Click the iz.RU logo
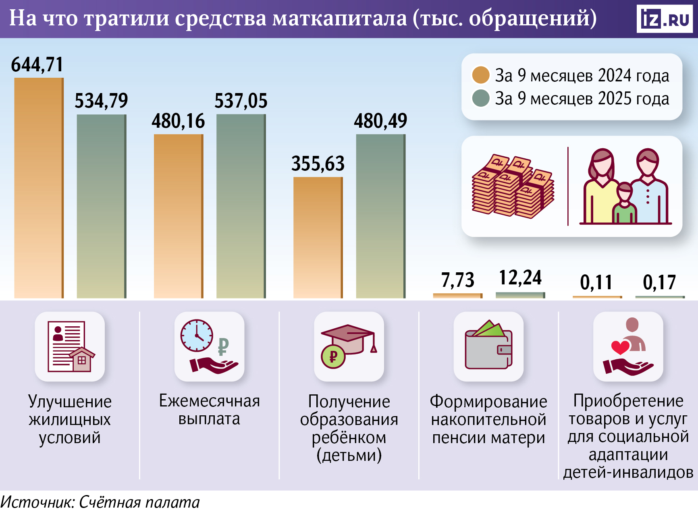[x=664, y=19]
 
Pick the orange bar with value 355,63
[x=318, y=238]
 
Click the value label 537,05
[x=241, y=101]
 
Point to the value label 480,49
[x=380, y=121]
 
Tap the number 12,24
[x=520, y=278]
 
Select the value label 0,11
[x=596, y=282]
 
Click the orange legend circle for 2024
[x=480, y=75]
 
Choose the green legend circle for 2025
[x=480, y=98]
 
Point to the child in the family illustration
[x=624, y=203]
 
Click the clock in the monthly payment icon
[x=197, y=335]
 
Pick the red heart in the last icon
[x=620, y=347]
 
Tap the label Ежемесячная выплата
[x=209, y=410]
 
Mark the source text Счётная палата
[x=139, y=502]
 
